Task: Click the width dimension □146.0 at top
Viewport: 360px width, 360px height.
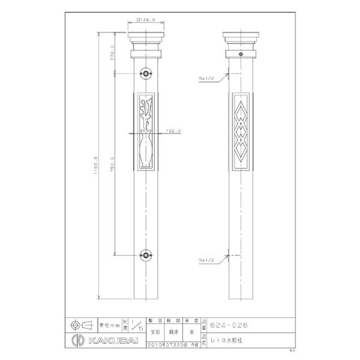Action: click(x=145, y=20)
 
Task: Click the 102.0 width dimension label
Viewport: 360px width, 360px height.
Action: click(x=173, y=130)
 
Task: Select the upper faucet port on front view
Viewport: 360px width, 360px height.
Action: click(x=146, y=73)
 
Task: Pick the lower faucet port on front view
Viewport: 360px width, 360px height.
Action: click(x=146, y=255)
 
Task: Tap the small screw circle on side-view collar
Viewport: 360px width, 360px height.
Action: click(x=241, y=54)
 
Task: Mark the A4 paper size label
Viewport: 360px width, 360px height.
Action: click(x=292, y=350)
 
